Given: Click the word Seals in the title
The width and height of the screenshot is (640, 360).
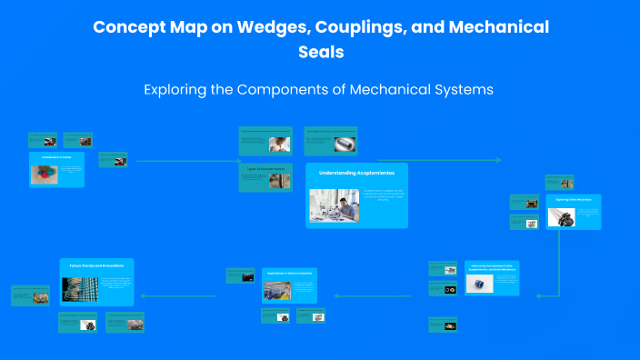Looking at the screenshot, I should pos(321,52).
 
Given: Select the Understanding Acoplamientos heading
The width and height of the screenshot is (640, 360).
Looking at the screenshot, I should pos(356,173).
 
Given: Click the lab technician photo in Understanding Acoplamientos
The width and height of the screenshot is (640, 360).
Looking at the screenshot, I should pos(334,205).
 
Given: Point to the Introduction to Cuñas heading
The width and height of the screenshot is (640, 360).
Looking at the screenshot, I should pos(55,157).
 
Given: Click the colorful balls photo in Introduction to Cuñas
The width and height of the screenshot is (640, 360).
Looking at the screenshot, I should pos(45,174).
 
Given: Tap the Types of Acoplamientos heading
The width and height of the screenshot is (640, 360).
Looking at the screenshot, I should pos(265,168).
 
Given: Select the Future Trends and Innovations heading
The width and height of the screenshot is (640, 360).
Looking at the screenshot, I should pos(97,265).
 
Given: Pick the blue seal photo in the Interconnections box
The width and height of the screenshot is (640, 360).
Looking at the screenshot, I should pos(475,285).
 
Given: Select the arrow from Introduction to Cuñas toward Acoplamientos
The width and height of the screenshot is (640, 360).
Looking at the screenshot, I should pos(182,161).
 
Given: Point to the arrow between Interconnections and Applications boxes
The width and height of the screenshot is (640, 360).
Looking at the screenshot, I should pos(382,295).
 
